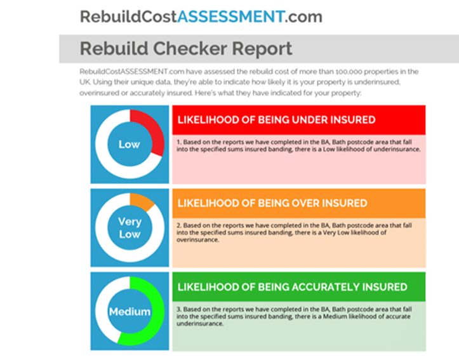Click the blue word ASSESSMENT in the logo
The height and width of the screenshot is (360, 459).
[x=230, y=17]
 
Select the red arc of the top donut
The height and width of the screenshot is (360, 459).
[x=150, y=129]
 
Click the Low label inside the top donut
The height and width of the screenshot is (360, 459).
[x=130, y=144]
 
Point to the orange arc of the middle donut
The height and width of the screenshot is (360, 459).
[x=142, y=201]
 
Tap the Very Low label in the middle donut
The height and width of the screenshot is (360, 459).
[x=130, y=228]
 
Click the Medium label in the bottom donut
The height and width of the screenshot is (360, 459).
[x=130, y=311]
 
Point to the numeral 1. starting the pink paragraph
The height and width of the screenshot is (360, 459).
[x=179, y=142]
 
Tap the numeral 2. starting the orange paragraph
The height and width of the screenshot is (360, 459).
[x=179, y=225]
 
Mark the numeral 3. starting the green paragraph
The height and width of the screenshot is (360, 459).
[x=179, y=309]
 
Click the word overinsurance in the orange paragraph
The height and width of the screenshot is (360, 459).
[x=197, y=240]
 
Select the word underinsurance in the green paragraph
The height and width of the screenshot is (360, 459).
[x=199, y=324]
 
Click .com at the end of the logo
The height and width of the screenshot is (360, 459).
[x=303, y=17]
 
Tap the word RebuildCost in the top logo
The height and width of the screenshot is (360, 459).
[x=128, y=17]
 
